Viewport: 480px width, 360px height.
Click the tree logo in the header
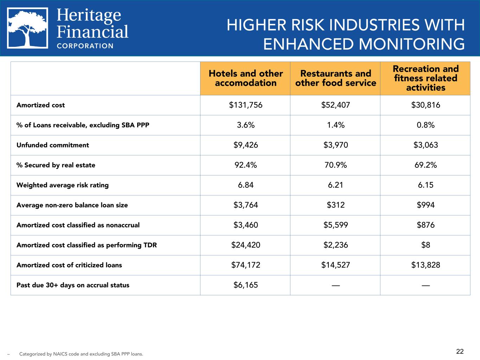click(x=27, y=28)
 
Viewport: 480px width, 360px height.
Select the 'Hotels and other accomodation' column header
click(x=245, y=78)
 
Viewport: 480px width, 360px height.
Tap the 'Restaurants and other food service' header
click(x=335, y=78)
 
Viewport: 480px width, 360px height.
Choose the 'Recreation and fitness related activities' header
click(x=425, y=78)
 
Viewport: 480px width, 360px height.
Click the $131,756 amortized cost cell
click(x=245, y=105)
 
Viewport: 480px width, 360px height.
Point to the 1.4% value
click(x=336, y=125)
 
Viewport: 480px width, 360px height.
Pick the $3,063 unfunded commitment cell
click(x=425, y=145)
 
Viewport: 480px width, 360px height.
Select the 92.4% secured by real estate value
click(x=245, y=165)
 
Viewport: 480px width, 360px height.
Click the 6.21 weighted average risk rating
click(x=335, y=185)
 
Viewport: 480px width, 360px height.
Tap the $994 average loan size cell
click(x=425, y=205)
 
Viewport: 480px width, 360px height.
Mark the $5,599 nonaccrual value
click(x=336, y=225)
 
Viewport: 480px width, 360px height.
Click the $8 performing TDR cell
click(x=425, y=245)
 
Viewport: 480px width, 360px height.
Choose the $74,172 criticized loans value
click(x=245, y=265)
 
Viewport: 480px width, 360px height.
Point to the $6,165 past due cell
click(x=245, y=285)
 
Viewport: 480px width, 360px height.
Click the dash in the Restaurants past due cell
click(x=336, y=285)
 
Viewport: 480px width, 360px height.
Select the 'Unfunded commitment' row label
click(x=53, y=145)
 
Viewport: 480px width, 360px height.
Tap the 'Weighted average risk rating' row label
click(x=63, y=185)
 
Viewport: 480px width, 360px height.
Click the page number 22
click(x=460, y=352)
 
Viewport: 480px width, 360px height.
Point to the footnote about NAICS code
click(x=81, y=354)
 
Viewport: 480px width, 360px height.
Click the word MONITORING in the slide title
click(x=411, y=44)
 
